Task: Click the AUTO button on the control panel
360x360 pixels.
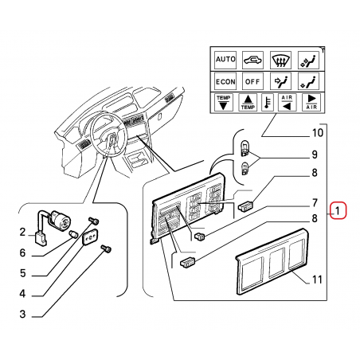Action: tap(225, 60)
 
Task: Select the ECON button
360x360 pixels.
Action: tap(225, 81)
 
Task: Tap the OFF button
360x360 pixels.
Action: tap(252, 81)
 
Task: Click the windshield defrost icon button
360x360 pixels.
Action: tap(280, 60)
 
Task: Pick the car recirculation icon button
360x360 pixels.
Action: tap(252, 60)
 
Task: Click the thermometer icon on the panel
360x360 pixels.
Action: tap(268, 102)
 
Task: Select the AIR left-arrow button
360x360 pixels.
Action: tap(287, 102)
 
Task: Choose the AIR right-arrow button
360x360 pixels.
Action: tap(311, 102)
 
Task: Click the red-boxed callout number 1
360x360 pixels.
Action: tap(338, 211)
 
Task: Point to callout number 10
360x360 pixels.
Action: tap(318, 133)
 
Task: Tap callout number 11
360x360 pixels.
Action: tap(317, 280)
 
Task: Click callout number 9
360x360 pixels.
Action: tap(315, 155)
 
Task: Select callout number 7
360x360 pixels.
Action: tap(315, 203)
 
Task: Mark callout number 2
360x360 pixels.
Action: tap(22, 232)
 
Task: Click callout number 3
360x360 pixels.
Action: tap(22, 314)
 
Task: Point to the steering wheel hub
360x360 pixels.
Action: tap(112, 140)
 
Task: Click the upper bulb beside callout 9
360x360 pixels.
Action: tap(245, 149)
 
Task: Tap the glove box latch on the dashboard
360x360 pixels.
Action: tap(160, 116)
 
